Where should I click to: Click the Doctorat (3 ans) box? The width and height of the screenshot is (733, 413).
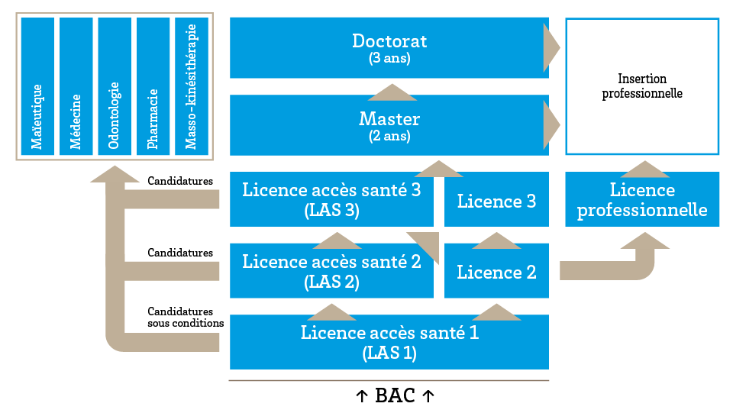[389, 47]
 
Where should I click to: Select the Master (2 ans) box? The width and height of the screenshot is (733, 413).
[389, 126]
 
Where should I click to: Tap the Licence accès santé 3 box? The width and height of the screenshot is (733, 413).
[331, 199]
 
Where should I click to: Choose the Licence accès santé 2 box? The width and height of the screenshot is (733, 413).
[331, 271]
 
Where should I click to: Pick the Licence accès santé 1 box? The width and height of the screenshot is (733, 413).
[389, 342]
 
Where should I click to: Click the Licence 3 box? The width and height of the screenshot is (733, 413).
[496, 201]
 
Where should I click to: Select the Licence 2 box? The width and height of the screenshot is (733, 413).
[496, 272]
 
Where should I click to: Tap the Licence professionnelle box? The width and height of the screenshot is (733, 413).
[642, 199]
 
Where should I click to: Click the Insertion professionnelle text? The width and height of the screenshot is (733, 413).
[642, 86]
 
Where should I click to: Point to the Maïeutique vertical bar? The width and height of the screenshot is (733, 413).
[37, 86]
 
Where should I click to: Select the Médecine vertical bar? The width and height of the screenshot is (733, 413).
[76, 86]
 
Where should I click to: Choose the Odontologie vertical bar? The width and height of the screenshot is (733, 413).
[115, 86]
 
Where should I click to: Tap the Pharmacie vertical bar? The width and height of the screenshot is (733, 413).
[153, 86]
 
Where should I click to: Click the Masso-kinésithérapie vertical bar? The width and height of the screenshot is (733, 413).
[192, 86]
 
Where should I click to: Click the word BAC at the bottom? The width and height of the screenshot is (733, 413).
[396, 396]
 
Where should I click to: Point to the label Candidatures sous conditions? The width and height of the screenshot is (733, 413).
[186, 317]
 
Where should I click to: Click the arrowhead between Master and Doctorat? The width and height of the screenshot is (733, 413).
[392, 92]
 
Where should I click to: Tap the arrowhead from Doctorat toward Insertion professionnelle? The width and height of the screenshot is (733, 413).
[551, 47]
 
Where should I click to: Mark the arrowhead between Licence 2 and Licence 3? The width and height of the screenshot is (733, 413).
[497, 240]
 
